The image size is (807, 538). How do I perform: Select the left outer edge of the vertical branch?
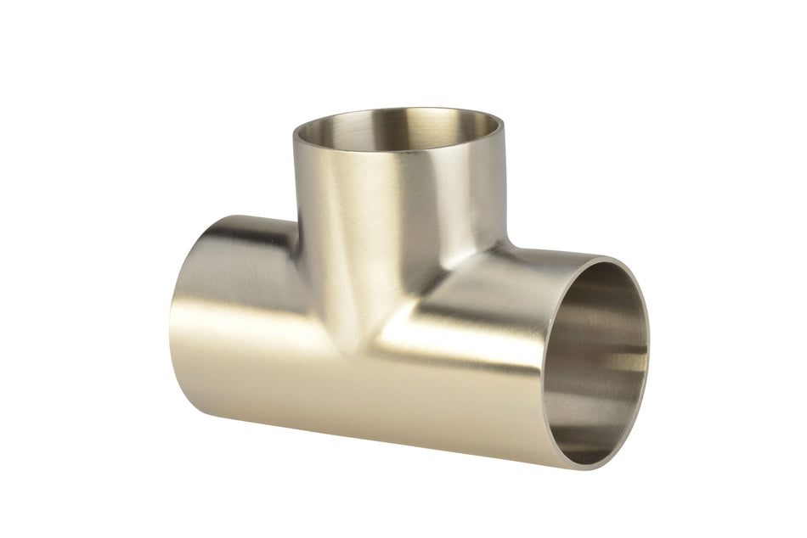(x=295, y=187)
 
